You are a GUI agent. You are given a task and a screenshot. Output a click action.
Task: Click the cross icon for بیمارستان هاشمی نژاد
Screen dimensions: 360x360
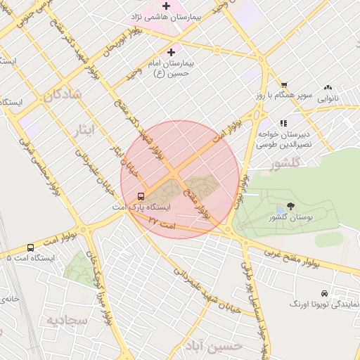(165, 6)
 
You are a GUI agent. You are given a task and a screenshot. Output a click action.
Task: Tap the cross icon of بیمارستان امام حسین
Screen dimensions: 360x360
(171, 52)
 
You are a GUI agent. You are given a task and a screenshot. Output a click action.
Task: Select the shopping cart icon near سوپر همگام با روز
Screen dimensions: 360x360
(284, 84)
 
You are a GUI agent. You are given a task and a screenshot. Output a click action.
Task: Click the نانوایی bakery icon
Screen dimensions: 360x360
(328, 88)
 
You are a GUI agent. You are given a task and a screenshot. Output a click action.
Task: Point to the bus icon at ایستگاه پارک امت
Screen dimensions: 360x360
(141, 197)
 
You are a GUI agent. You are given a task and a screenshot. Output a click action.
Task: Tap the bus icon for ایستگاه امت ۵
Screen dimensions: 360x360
(30, 247)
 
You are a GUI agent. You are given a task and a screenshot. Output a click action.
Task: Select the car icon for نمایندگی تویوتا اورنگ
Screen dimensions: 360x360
(323, 293)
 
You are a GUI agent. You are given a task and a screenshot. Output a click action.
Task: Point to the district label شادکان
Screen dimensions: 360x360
(62, 96)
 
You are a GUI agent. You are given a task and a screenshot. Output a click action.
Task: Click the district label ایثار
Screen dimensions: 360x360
(82, 130)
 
